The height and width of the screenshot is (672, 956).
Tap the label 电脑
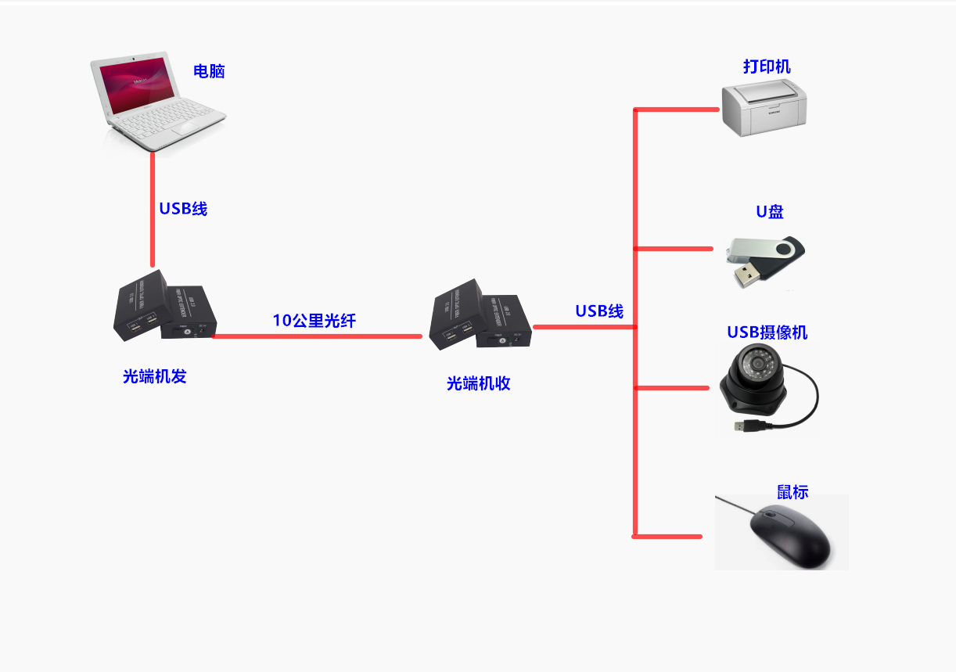[209, 71]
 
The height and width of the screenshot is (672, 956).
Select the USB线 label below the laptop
[183, 209]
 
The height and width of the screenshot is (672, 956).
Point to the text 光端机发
[155, 376]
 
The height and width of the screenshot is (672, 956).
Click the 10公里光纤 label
[314, 320]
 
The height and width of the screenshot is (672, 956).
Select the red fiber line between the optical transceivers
[316, 336]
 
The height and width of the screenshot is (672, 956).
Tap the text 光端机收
[478, 383]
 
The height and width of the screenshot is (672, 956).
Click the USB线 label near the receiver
[599, 311]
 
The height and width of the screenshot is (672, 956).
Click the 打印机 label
[767, 66]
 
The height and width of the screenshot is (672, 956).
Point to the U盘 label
[769, 212]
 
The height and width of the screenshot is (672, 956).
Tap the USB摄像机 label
[767, 332]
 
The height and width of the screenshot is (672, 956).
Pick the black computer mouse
[789, 535]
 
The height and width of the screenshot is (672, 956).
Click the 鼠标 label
[792, 492]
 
